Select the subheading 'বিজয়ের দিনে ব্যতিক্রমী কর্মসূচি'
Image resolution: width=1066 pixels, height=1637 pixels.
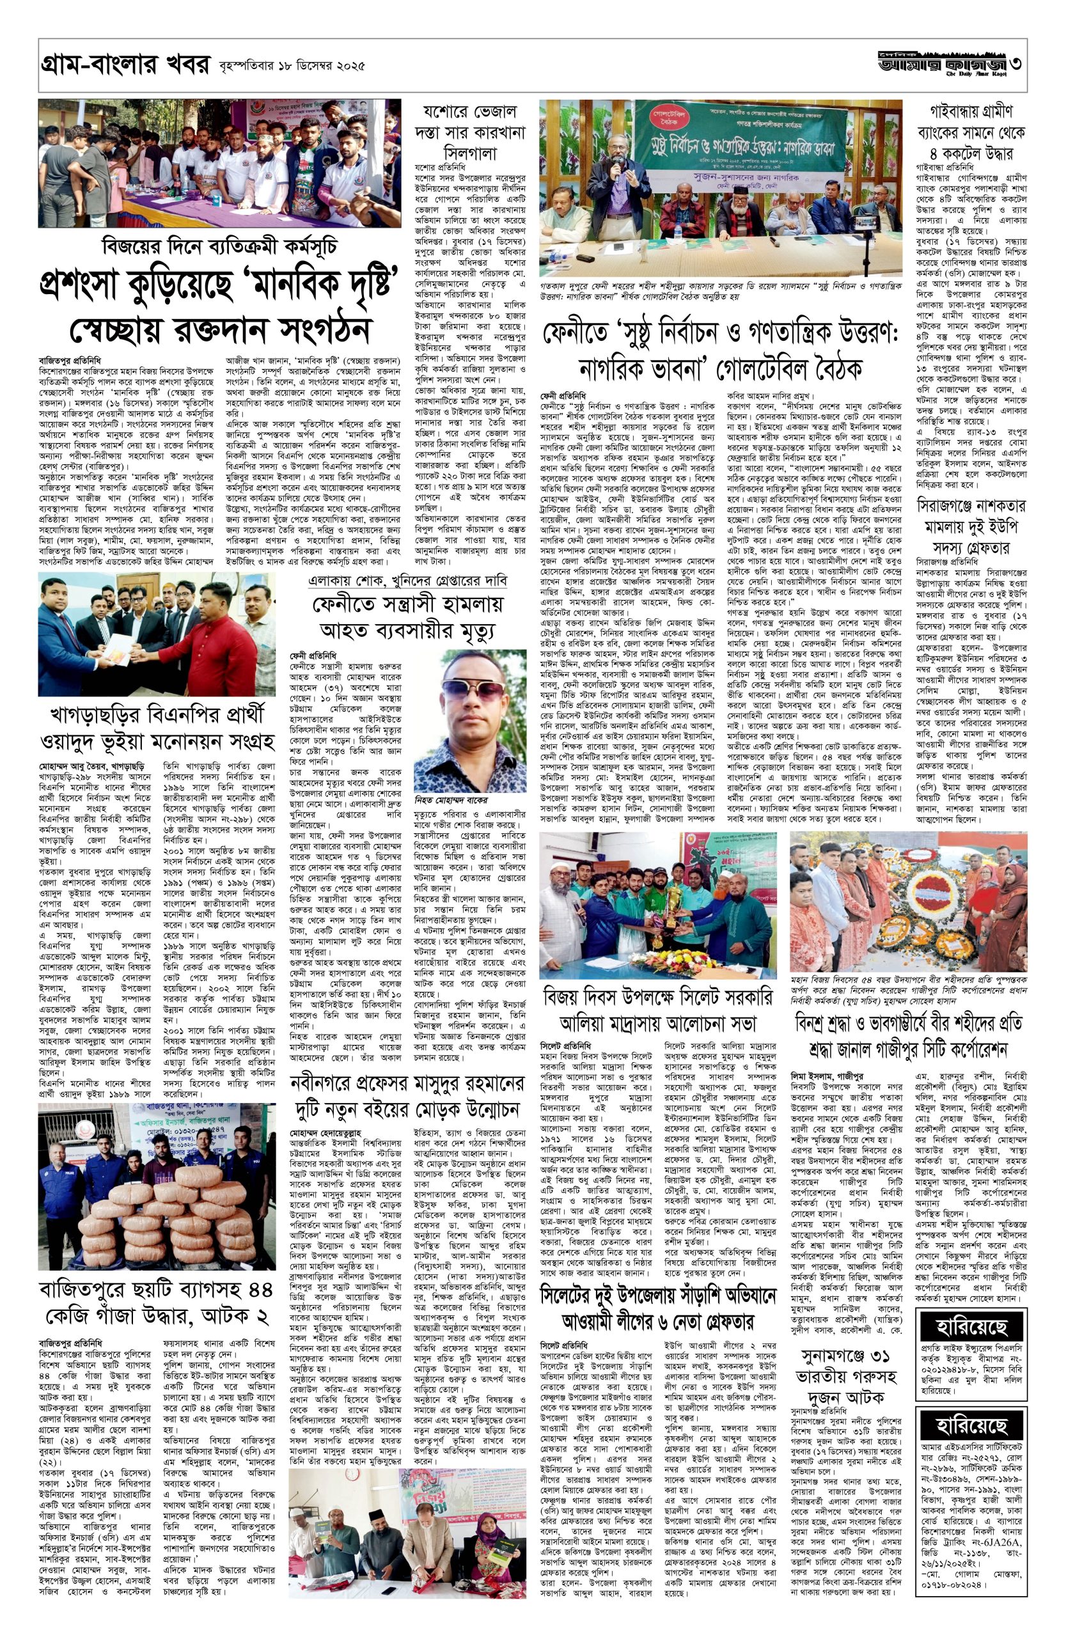point(219,246)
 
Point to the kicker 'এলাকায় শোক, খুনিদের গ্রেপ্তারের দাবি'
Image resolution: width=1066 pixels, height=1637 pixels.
point(408,580)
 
